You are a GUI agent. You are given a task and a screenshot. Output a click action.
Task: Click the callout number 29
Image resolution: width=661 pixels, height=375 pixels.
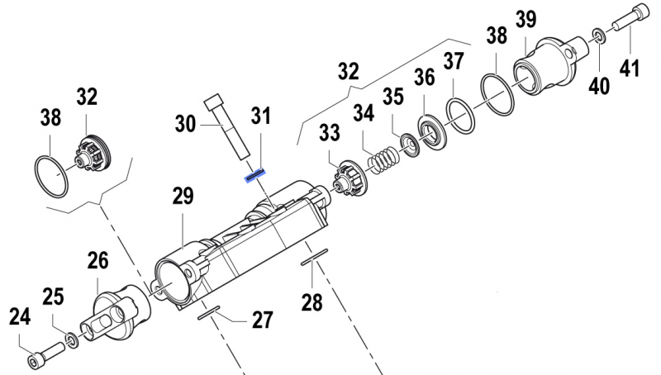[x=183, y=196]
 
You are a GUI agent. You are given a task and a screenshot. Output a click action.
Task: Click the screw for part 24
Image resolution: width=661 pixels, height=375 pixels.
[x=45, y=354]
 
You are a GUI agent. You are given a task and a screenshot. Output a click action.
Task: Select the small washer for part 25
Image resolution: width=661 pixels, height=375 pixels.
[x=72, y=339]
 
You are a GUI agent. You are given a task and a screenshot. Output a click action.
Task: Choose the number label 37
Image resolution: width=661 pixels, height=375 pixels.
[x=453, y=60]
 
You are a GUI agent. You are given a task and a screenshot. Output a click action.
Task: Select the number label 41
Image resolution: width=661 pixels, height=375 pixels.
[x=630, y=69]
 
